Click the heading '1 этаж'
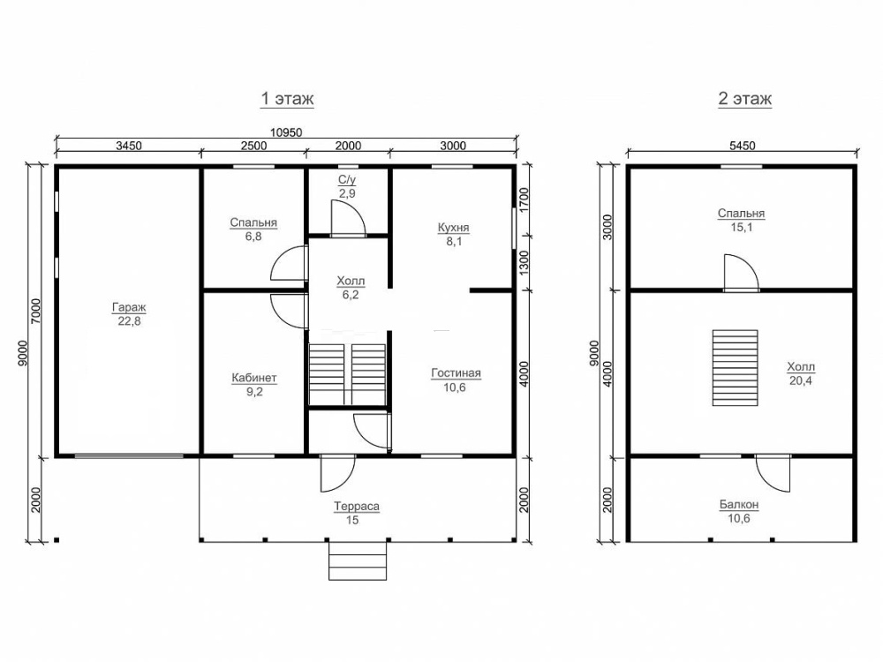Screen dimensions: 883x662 pyautogui.click(x=287, y=99)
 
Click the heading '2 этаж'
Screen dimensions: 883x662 pyautogui.click(x=744, y=99)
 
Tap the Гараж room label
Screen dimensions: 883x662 pyautogui.click(x=129, y=307)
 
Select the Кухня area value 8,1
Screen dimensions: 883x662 pyautogui.click(x=454, y=242)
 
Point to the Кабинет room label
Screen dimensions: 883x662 pyautogui.click(x=254, y=378)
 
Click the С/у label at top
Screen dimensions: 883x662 pyautogui.click(x=347, y=179)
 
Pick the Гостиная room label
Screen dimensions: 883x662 pyautogui.click(x=457, y=373)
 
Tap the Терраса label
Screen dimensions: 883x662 pyautogui.click(x=357, y=506)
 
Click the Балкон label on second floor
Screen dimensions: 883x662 pyautogui.click(x=739, y=504)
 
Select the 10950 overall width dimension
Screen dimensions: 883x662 pyautogui.click(x=286, y=133)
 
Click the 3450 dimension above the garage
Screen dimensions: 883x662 pyautogui.click(x=129, y=146)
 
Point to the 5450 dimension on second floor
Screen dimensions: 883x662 pyautogui.click(x=743, y=146)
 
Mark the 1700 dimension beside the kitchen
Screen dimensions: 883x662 pyautogui.click(x=525, y=199)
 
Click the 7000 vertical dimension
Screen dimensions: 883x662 pyautogui.click(x=36, y=310)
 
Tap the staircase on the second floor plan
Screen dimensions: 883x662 pyautogui.click(x=735, y=367)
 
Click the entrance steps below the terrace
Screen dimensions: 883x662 pyautogui.click(x=358, y=560)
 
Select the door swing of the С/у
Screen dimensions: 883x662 pyautogui.click(x=348, y=218)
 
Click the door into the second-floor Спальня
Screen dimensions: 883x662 pyautogui.click(x=741, y=273)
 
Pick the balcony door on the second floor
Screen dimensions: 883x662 pyautogui.click(x=773, y=473)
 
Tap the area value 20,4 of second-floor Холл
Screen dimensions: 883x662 pyautogui.click(x=801, y=380)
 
